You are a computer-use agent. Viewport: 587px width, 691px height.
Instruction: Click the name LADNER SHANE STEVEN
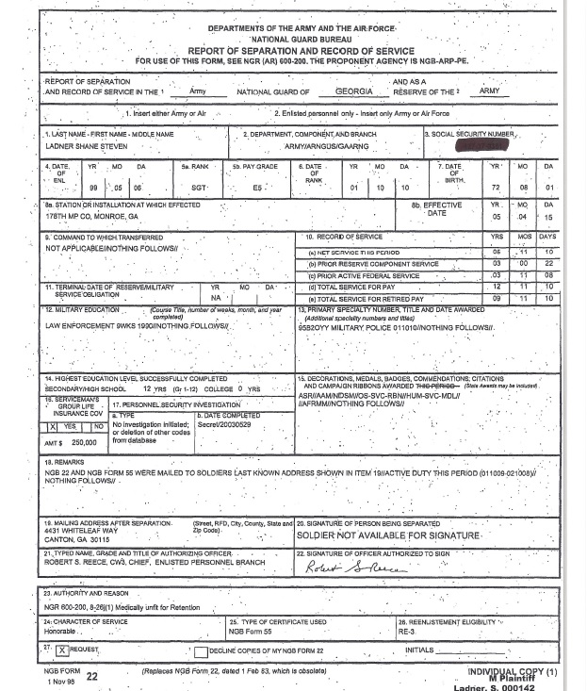click(87, 146)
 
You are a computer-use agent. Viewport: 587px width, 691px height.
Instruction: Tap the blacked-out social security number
click(481, 146)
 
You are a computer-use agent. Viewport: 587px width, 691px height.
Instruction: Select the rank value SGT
click(199, 189)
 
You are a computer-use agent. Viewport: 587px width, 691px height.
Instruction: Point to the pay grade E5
click(257, 189)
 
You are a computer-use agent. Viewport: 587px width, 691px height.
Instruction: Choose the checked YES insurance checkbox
click(54, 427)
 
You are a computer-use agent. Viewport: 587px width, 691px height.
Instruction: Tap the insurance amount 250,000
click(83, 442)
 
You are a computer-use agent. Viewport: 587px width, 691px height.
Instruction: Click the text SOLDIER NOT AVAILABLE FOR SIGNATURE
click(388, 535)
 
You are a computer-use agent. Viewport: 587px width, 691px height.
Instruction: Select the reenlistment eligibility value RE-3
click(406, 633)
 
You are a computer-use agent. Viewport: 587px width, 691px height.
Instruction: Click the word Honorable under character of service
click(59, 633)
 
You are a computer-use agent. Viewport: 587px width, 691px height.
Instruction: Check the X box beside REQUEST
click(61, 650)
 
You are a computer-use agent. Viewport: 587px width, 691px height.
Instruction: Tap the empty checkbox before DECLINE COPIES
click(201, 651)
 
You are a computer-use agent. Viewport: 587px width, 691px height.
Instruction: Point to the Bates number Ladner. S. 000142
click(493, 686)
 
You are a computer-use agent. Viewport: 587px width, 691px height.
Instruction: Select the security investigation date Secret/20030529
click(223, 425)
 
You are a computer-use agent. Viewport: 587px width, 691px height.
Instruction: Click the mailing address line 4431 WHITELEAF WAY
click(80, 531)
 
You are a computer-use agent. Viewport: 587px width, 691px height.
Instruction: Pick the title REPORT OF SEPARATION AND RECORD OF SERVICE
click(301, 51)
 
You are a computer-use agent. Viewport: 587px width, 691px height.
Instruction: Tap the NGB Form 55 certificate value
click(250, 633)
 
